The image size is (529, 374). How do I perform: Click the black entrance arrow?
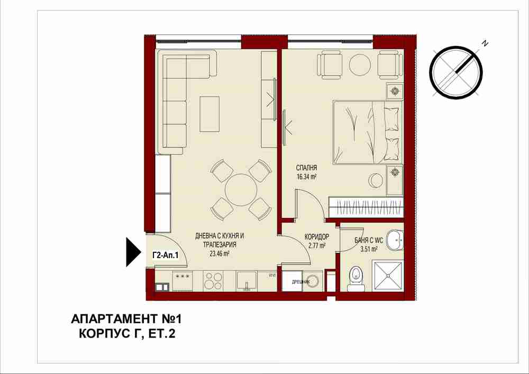tap(133, 252)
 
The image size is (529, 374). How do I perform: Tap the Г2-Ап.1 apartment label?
tap(165, 256)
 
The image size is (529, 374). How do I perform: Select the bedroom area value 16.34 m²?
tap(306, 176)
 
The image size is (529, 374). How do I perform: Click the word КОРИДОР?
tap(316, 237)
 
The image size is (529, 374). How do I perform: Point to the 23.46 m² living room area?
tap(220, 253)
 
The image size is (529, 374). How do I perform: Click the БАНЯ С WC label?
tap(369, 241)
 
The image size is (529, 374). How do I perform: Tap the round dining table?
tap(241, 190)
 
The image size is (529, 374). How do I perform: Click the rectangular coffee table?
tap(209, 114)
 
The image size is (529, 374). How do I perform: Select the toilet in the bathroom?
tap(356, 278)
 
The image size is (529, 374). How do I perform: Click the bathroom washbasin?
tap(395, 240)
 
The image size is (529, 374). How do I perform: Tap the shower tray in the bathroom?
tap(388, 275)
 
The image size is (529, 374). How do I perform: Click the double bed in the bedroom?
tap(368, 133)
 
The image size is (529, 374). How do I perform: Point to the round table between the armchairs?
tap(360, 65)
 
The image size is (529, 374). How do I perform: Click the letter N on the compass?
tap(485, 43)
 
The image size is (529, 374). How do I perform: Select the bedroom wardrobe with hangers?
tap(366, 206)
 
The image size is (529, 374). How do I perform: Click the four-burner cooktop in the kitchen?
tap(214, 281)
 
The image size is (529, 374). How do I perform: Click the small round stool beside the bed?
tap(376, 179)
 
